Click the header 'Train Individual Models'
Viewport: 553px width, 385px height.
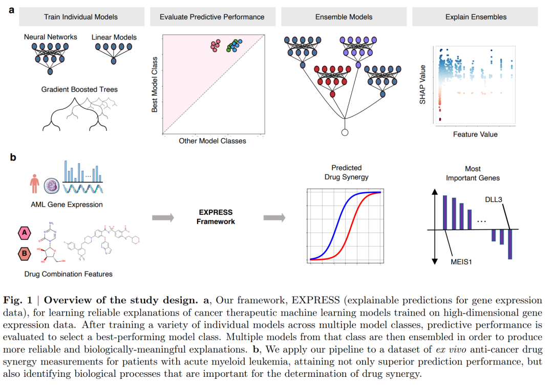[81, 17]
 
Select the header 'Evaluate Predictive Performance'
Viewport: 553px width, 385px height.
[212, 17]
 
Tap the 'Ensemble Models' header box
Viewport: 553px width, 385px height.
[344, 17]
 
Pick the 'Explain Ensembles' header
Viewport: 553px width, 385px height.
[476, 17]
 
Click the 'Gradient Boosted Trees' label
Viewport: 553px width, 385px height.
[79, 89]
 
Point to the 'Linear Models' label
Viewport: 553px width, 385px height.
[114, 37]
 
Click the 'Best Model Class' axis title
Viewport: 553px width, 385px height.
[154, 84]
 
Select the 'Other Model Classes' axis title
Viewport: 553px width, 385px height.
[212, 141]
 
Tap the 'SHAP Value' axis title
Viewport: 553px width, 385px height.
[422, 85]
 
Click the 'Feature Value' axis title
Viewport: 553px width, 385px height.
[475, 134]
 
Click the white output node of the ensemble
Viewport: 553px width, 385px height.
[345, 133]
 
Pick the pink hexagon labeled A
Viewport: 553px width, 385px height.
[24, 234]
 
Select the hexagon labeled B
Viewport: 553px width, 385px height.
[24, 253]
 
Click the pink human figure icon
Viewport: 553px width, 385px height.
[35, 184]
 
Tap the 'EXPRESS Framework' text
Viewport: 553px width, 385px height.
[216, 217]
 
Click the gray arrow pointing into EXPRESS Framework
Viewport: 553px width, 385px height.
[163, 217]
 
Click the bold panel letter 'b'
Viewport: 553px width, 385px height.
[13, 157]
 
